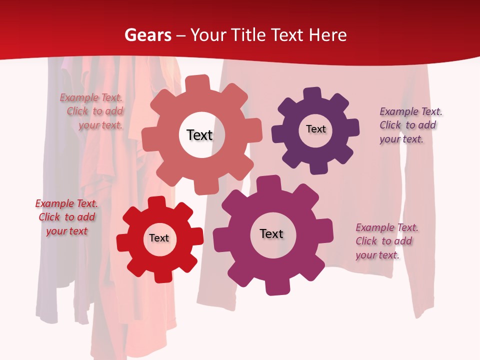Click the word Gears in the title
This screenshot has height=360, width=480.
click(147, 35)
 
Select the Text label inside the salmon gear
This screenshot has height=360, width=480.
click(199, 135)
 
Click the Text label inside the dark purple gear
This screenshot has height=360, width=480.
click(315, 129)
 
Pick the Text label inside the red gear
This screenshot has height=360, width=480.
click(159, 238)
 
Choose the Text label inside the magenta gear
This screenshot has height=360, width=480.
click(271, 233)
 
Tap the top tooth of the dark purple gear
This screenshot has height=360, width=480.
click(312, 93)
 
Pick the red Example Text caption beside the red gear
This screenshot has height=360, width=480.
click(66, 217)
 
